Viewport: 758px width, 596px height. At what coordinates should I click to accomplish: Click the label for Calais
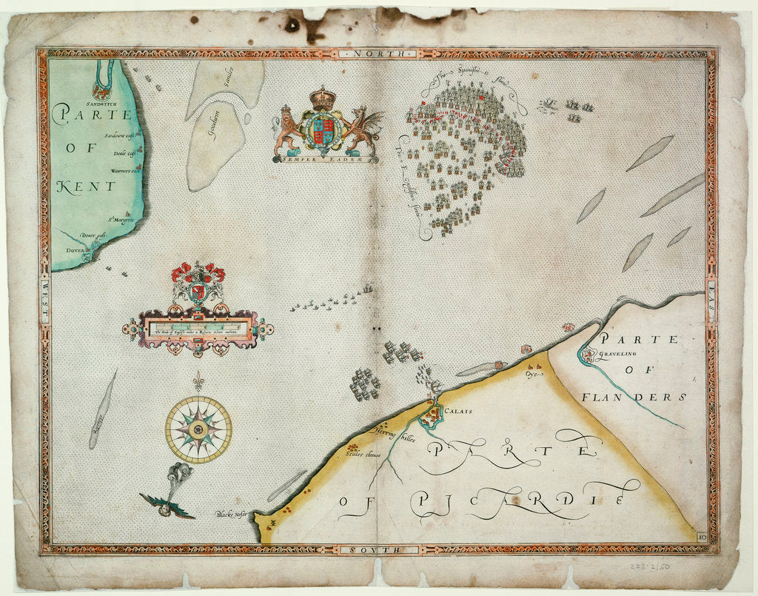point(459,411)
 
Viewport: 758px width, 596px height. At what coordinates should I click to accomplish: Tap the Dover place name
point(75,250)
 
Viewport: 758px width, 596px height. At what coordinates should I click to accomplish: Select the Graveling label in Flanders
point(620,353)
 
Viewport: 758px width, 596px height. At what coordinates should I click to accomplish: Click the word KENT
point(84,186)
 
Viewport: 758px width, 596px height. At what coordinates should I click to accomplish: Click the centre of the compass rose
point(198,429)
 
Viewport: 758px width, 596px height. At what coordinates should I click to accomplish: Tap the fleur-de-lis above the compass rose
point(198,384)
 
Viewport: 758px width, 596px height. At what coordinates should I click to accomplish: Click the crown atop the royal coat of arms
point(323,98)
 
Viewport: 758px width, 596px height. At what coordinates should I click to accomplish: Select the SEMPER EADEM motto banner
point(325,158)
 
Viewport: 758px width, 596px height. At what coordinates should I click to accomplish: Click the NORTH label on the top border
point(380,54)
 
